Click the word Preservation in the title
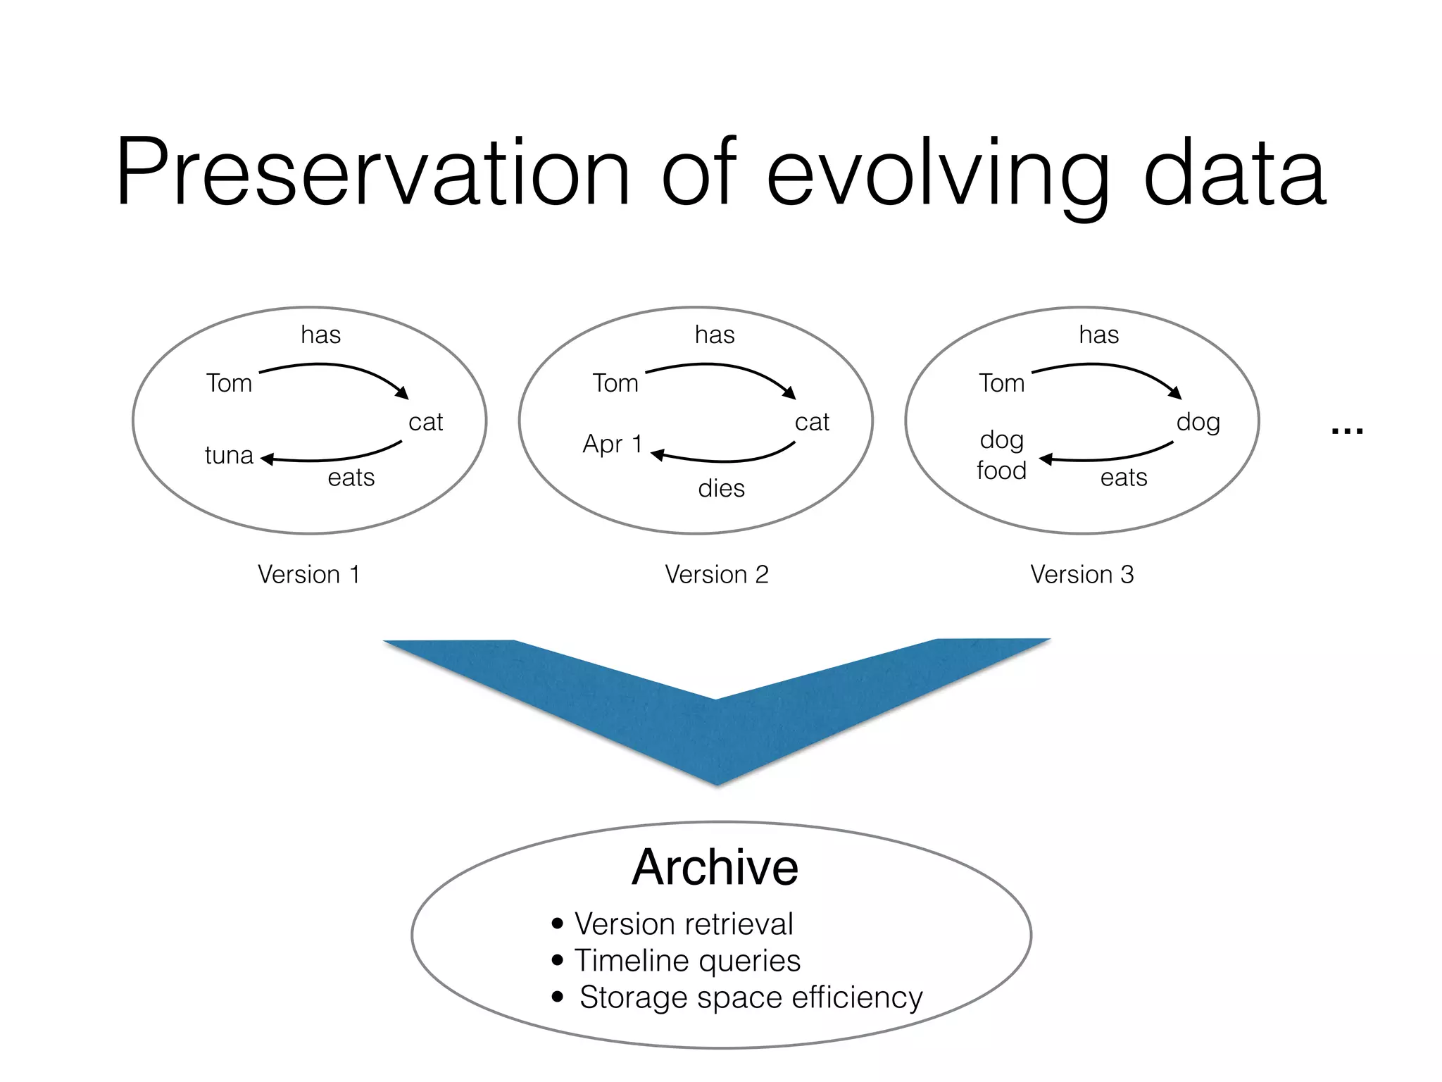tap(373, 173)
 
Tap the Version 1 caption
tap(308, 574)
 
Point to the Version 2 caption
tap(716, 574)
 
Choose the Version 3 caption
tap(1081, 574)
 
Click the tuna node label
tap(229, 455)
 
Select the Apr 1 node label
tap(612, 444)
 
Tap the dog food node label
tap(1001, 455)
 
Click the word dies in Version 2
tap(721, 488)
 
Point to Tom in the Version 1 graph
tap(229, 383)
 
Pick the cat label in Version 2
tap(812, 422)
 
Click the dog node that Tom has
tap(1198, 423)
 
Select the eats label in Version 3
tap(1124, 478)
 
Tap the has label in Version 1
tap(320, 335)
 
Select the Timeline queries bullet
tap(686, 961)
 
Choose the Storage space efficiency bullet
tap(750, 997)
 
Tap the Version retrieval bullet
tap(683, 924)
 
